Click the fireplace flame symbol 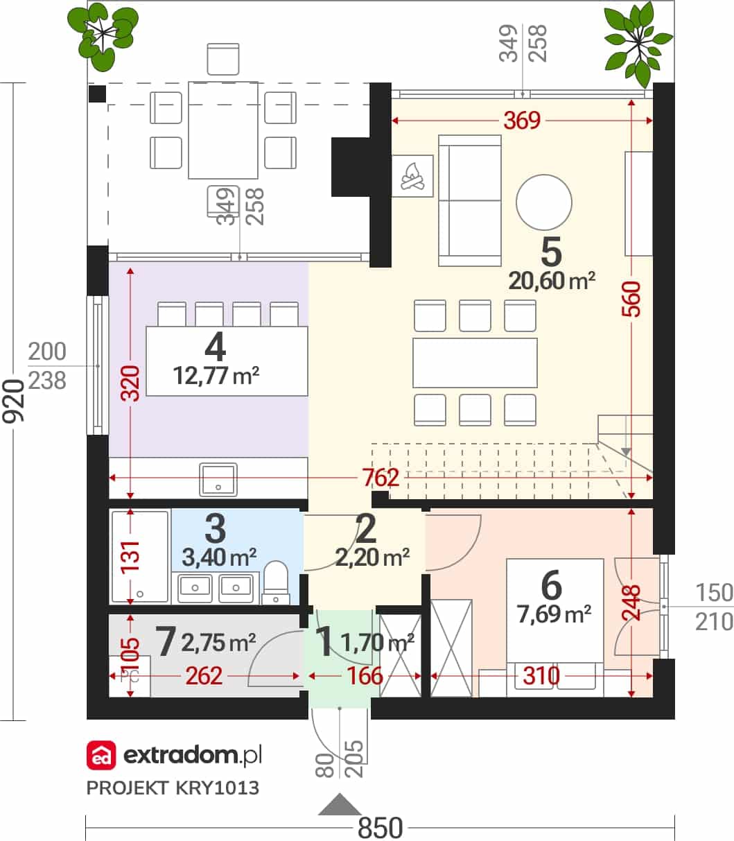(412, 176)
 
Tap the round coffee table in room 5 (543, 202)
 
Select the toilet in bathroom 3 (275, 582)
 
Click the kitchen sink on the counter (218, 480)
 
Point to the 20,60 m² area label (552, 281)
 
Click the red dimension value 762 (381, 478)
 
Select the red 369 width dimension (522, 121)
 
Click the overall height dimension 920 (13, 401)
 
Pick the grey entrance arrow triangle (340, 804)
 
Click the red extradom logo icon (101, 755)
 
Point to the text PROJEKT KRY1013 (173, 788)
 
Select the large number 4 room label (216, 347)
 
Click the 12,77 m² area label (216, 376)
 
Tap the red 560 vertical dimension (631, 299)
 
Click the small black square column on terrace (98, 94)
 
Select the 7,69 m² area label (554, 614)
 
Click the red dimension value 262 (204, 676)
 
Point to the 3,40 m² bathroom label (219, 558)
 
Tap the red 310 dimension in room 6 (541, 676)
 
